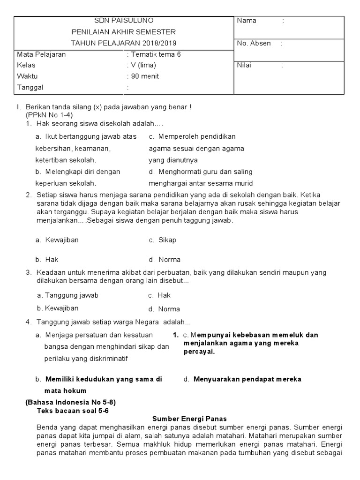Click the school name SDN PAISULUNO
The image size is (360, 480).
point(123,21)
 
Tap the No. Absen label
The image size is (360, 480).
point(254,43)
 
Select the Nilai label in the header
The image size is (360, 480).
point(244,65)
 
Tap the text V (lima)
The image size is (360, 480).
point(144,65)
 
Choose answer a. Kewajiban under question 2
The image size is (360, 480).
point(57,240)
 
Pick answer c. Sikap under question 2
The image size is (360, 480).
point(163,240)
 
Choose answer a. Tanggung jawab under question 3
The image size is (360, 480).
point(68,295)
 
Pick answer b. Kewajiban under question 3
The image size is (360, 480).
point(58,308)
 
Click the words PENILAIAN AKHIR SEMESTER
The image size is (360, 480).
point(123,32)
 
